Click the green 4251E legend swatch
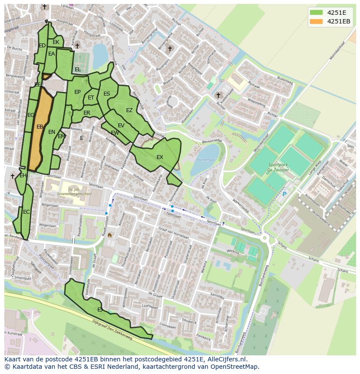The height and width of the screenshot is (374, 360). (x=316, y=12)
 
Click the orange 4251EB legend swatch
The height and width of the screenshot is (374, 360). (x=316, y=21)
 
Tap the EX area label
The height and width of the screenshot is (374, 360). (x=160, y=157)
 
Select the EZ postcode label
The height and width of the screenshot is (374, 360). (x=129, y=110)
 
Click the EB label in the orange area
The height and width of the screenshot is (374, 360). (x=40, y=127)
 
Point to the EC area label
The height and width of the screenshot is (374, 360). (x=27, y=212)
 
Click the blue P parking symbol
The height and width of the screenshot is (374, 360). (x=284, y=194)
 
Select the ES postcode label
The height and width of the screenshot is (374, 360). (x=107, y=94)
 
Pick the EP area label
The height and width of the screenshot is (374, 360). (x=77, y=92)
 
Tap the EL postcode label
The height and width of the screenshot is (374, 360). (x=77, y=70)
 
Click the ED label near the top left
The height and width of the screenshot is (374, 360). (x=42, y=46)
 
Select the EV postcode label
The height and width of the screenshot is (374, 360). (x=121, y=126)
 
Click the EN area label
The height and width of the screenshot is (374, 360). (x=52, y=132)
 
